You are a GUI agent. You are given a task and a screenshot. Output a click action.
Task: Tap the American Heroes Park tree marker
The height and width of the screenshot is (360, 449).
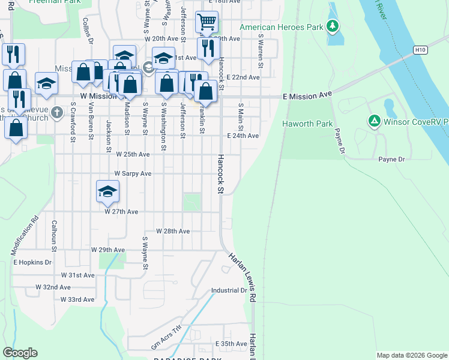point(332,27)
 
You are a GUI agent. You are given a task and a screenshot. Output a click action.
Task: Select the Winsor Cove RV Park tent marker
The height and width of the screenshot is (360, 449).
point(374,122)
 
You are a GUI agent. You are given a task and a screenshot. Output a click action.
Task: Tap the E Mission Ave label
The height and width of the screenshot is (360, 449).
point(307,95)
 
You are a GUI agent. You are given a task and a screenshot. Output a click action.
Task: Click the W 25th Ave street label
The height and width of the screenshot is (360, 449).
point(133,154)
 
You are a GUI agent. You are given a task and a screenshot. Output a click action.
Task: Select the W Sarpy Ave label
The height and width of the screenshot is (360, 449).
point(133,173)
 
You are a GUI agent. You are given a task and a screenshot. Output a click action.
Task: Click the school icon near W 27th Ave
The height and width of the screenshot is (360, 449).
point(107,191)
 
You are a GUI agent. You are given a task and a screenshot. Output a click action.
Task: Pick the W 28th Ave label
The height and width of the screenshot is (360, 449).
point(173,231)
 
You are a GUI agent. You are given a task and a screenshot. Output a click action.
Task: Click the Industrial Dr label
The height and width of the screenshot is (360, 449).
point(229,290)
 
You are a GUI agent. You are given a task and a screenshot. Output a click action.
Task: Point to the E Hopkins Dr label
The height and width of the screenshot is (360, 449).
point(32,263)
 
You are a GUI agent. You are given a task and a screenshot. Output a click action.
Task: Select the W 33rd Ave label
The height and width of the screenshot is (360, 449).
point(77,299)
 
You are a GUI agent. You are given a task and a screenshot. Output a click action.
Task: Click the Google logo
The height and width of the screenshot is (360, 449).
point(20,353)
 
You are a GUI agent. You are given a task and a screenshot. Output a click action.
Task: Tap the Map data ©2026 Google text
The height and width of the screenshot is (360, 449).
point(411,355)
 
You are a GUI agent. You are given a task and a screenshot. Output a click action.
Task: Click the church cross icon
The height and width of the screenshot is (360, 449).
point(56,112)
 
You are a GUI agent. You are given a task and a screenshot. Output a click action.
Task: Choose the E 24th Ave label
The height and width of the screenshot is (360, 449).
point(243,136)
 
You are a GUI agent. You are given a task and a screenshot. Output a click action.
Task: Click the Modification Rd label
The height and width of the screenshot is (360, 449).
point(25,234)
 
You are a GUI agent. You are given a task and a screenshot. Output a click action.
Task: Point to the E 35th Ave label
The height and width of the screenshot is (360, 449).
point(231,344)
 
